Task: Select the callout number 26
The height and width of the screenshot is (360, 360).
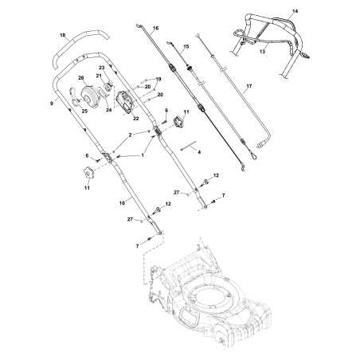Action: (81, 77)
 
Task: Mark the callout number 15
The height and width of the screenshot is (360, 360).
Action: (186, 48)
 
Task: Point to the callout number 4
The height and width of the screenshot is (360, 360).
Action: (199, 151)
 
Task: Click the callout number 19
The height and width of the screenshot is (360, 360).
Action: (158, 79)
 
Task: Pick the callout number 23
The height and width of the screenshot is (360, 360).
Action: (102, 68)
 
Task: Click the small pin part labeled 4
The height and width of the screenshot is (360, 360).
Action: (186, 147)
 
